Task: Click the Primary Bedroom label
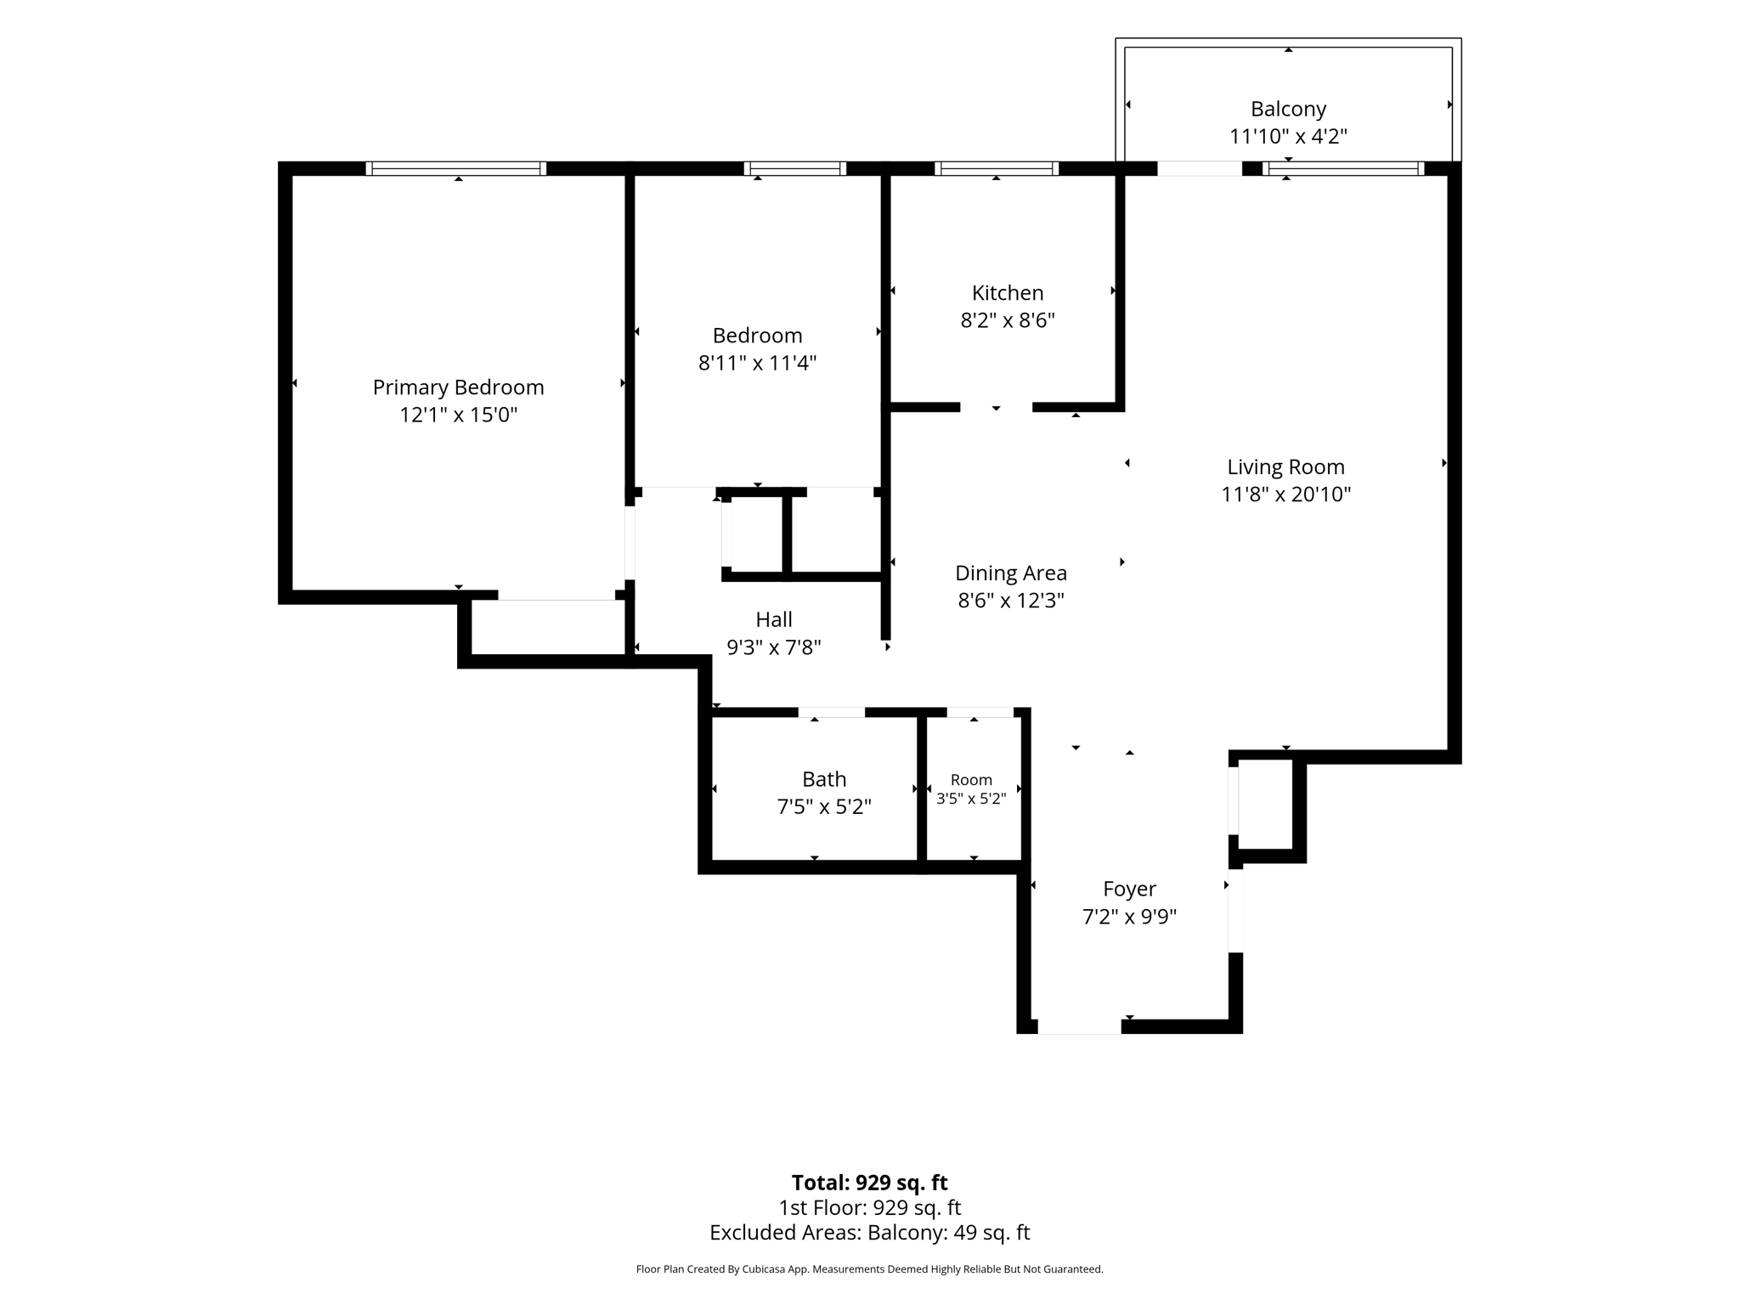click(458, 387)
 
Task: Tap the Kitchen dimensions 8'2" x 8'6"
click(1008, 320)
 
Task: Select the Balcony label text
click(1288, 109)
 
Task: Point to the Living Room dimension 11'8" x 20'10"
click(1285, 494)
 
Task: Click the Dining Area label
click(1011, 573)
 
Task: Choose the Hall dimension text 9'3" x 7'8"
click(774, 647)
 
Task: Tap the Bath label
click(824, 779)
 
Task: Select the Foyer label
click(1129, 889)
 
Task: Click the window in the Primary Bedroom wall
click(456, 168)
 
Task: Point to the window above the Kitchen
click(997, 168)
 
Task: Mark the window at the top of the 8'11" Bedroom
click(795, 168)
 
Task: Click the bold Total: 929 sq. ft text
click(869, 1183)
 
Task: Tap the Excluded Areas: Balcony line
click(869, 1232)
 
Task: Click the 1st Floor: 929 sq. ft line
click(869, 1207)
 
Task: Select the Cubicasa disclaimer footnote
click(869, 1269)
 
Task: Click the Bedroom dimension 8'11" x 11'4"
click(757, 363)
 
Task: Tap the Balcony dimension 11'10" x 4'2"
click(1288, 136)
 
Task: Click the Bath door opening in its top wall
click(832, 712)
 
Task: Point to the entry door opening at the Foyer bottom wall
click(1080, 1027)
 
